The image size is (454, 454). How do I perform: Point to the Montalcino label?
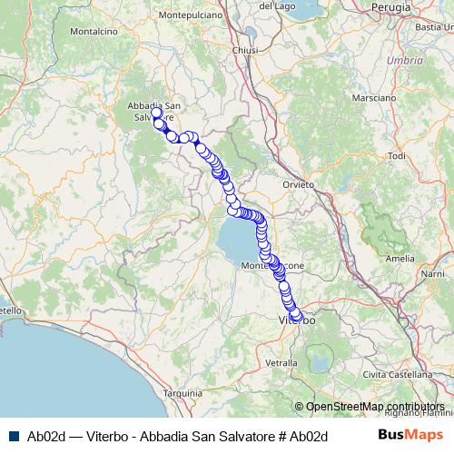(x=88, y=31)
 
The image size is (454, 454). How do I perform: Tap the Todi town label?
(x=396, y=156)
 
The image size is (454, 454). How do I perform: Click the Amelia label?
(x=400, y=258)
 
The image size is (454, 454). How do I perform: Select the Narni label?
(x=432, y=272)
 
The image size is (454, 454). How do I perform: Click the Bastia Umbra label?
(x=435, y=26)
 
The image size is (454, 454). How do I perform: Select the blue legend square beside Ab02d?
(x=15, y=436)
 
